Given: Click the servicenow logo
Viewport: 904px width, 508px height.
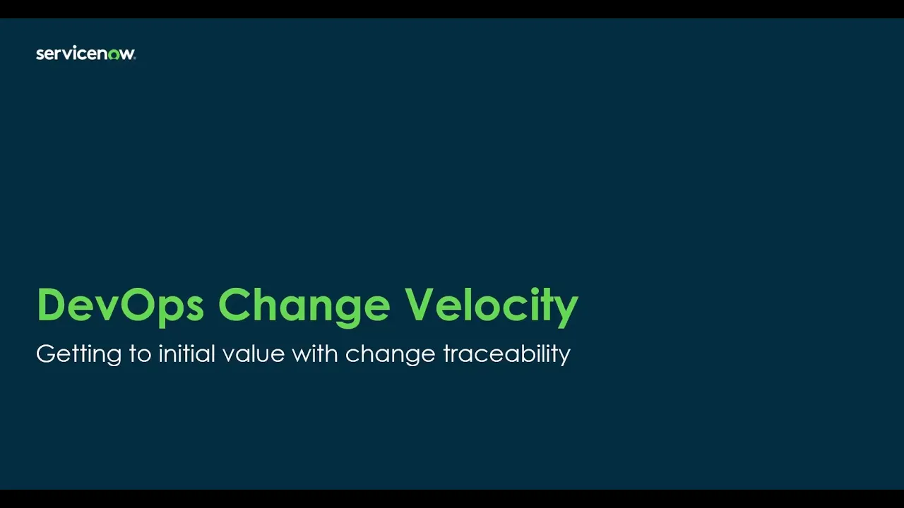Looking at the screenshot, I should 85,54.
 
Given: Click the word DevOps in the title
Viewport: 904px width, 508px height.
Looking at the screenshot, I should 120,305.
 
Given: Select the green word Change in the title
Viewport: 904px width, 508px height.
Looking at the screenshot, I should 304,305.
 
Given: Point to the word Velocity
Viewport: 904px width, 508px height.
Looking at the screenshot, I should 491,305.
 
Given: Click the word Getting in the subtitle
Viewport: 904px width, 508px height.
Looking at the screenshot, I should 78,353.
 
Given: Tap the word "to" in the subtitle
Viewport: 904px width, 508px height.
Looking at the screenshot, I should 140,353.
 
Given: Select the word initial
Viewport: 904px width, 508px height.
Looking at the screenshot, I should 186,353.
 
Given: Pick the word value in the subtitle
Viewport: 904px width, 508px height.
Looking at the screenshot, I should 253,353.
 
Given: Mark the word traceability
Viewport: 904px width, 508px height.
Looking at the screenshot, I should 506,353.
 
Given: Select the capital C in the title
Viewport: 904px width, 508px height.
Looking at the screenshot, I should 235,305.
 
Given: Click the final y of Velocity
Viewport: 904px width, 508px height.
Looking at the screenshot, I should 567,310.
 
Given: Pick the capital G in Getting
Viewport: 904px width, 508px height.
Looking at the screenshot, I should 45,353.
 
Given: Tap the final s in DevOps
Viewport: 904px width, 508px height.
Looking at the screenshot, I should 194,308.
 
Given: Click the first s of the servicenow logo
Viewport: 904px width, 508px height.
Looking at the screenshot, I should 40,54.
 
